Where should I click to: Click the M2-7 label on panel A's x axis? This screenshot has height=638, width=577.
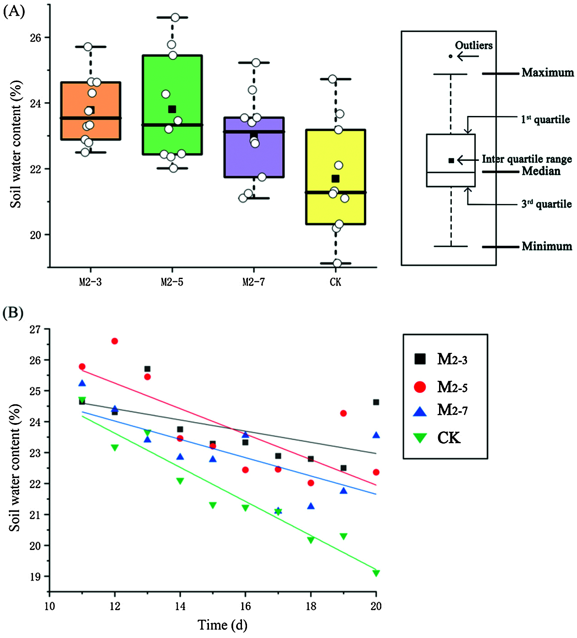(x=253, y=282)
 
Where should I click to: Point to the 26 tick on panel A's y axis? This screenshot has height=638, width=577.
(x=35, y=38)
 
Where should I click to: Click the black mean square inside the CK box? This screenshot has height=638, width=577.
(x=335, y=179)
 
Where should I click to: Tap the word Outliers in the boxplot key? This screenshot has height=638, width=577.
(x=474, y=45)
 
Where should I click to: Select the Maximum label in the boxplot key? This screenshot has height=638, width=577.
(x=547, y=72)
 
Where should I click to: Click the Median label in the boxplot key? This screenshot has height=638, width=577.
(x=541, y=171)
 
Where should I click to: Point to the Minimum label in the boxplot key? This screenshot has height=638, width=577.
(x=547, y=246)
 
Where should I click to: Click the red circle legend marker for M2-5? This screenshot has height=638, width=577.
(x=420, y=387)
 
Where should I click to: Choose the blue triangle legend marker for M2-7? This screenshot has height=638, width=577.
(x=420, y=411)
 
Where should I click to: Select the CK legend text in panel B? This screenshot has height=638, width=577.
(x=449, y=438)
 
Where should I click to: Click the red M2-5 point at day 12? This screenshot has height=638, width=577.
(x=115, y=341)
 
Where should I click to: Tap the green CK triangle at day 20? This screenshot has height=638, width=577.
(x=376, y=573)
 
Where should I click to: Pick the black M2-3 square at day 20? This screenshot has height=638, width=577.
(x=376, y=402)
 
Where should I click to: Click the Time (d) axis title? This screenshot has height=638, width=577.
(x=222, y=625)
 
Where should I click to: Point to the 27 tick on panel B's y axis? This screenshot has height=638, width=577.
(x=35, y=330)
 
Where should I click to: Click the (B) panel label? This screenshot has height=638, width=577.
(x=13, y=313)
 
